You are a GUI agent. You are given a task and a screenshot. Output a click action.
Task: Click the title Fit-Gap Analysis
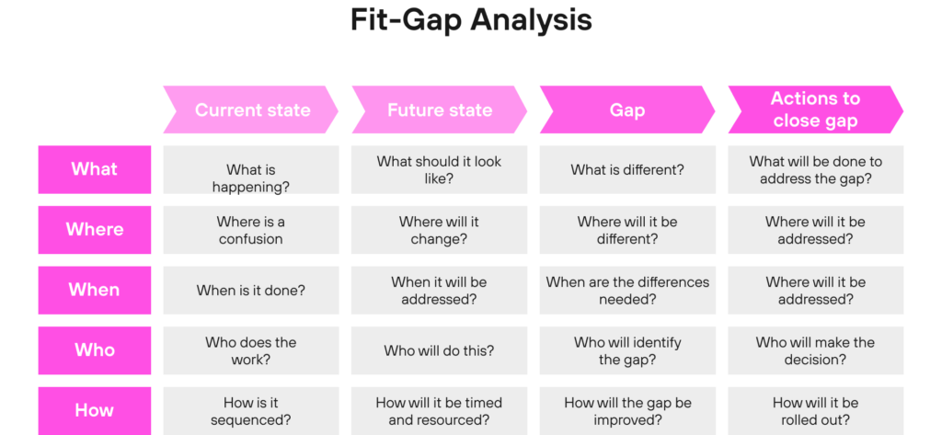pos(471,20)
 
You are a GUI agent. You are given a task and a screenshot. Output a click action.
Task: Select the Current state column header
pos(251,110)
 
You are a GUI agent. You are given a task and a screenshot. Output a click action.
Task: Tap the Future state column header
pos(439,110)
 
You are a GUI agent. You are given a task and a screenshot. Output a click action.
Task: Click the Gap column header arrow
pos(627,110)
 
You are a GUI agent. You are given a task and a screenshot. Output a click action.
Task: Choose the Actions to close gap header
pos(816,110)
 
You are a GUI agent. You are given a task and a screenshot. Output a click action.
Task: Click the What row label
pos(95,169)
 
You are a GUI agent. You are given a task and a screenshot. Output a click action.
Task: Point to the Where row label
pos(95,230)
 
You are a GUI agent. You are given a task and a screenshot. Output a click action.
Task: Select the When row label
pos(95,290)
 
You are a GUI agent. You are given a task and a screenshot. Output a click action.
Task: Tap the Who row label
pos(95,350)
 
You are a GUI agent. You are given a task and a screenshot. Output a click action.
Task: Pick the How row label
pos(95,410)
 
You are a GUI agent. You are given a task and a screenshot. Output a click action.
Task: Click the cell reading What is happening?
pos(251,169)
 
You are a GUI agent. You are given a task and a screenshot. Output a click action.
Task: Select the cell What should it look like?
pos(439,169)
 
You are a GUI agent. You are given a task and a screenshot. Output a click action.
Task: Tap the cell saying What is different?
pos(627,169)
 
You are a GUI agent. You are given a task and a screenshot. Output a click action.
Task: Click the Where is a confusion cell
pos(251,230)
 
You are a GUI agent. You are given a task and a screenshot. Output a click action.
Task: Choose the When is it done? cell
pos(251,290)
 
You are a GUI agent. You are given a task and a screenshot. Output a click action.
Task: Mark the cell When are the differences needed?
pos(627,290)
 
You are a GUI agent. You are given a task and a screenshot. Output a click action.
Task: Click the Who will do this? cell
pos(439,350)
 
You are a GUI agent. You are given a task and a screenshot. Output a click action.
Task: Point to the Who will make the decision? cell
pos(816,350)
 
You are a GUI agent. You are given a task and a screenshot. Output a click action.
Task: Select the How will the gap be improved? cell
pos(627,410)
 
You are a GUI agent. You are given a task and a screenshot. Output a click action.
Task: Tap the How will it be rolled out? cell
pos(816,410)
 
